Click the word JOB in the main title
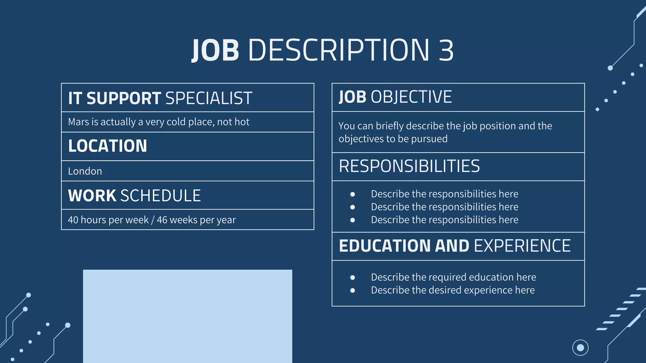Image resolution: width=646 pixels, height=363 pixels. [216, 50]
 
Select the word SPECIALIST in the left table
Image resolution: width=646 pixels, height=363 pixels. [208, 98]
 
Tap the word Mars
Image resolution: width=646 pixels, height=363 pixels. [79, 122]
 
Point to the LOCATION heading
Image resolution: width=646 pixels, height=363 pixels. [108, 146]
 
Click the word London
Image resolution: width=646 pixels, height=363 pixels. [85, 171]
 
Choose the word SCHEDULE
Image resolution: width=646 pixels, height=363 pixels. [161, 196]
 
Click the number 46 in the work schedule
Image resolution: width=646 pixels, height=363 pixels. [162, 220]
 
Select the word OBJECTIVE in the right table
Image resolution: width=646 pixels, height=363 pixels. [411, 97]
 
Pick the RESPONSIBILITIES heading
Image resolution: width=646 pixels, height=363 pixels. [409, 166]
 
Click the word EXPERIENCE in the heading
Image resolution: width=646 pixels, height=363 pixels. [522, 246]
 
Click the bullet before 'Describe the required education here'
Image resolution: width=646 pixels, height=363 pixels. [353, 278]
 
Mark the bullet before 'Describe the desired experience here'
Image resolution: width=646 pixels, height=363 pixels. [353, 291]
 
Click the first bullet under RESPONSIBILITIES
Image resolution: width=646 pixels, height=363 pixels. [353, 194]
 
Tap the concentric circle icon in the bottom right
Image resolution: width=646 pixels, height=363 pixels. [580, 348]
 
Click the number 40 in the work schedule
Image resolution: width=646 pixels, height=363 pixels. [73, 220]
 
